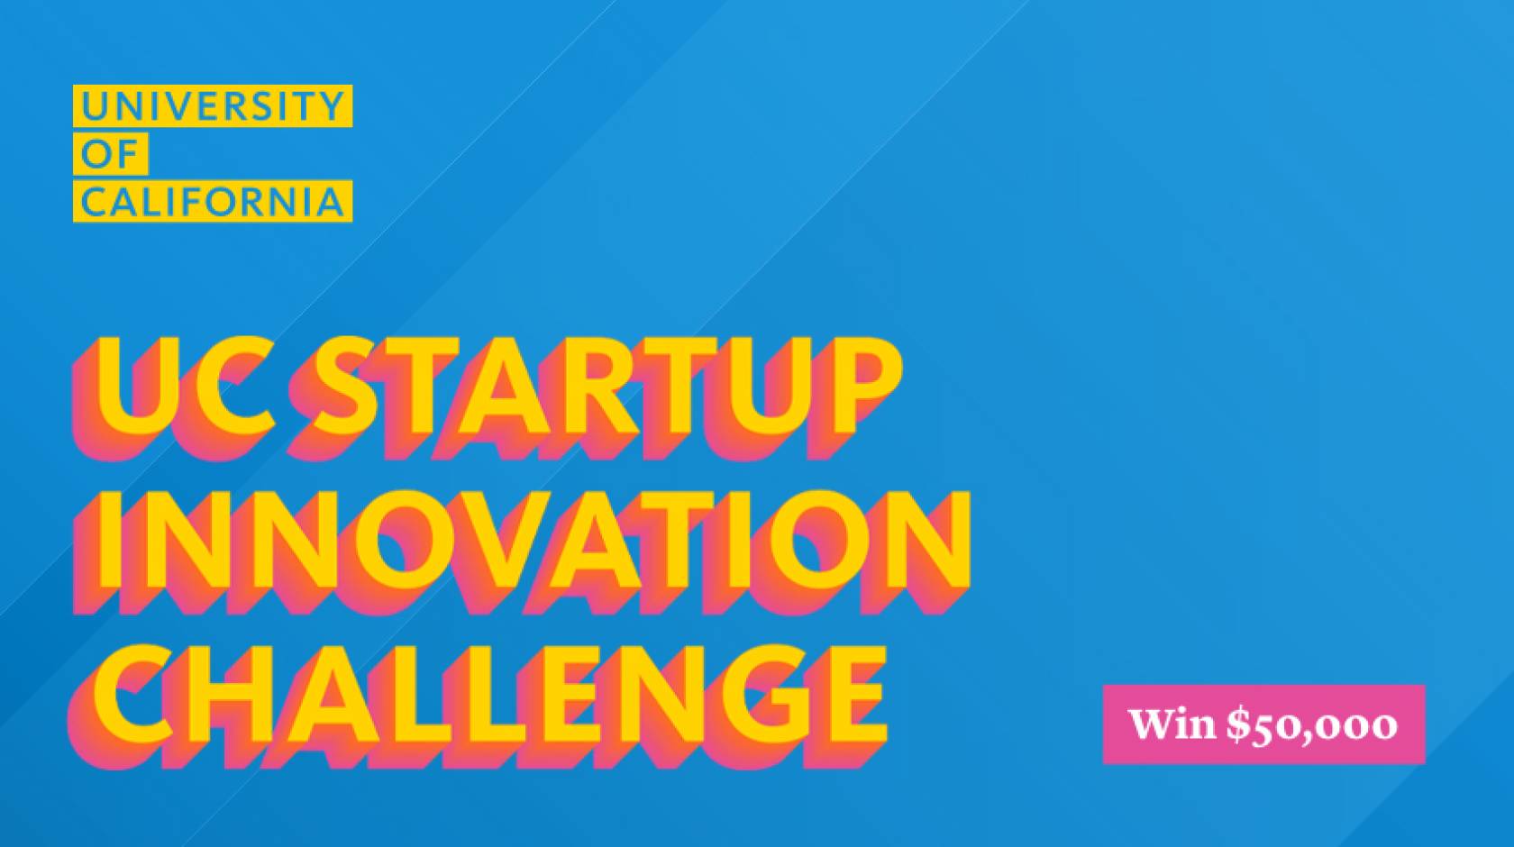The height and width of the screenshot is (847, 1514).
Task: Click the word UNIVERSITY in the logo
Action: coord(212,105)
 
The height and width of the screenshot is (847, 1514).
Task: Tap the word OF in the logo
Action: coord(110,154)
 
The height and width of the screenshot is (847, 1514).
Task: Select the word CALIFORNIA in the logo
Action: coord(212,202)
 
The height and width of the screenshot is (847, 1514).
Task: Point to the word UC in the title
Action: coord(185,387)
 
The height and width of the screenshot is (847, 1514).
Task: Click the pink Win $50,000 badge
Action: coord(1263,724)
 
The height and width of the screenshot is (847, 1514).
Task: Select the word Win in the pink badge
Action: coord(1172,724)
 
